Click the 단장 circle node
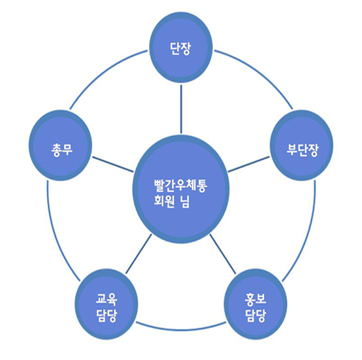(x=181, y=48)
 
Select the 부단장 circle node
(x=302, y=146)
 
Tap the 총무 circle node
(x=61, y=146)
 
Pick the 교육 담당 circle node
(x=107, y=304)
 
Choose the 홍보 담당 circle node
(x=255, y=304)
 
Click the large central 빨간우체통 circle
(x=181, y=189)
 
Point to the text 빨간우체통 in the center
(x=180, y=185)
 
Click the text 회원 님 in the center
(x=172, y=201)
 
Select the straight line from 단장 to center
(x=181, y=109)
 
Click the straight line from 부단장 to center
(x=249, y=164)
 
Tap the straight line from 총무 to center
(x=113, y=164)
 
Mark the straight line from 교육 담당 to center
(x=139, y=254)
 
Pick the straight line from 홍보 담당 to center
(x=223, y=254)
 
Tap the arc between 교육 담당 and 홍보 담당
(x=181, y=329)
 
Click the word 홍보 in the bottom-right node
(x=255, y=299)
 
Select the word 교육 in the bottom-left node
(x=107, y=299)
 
